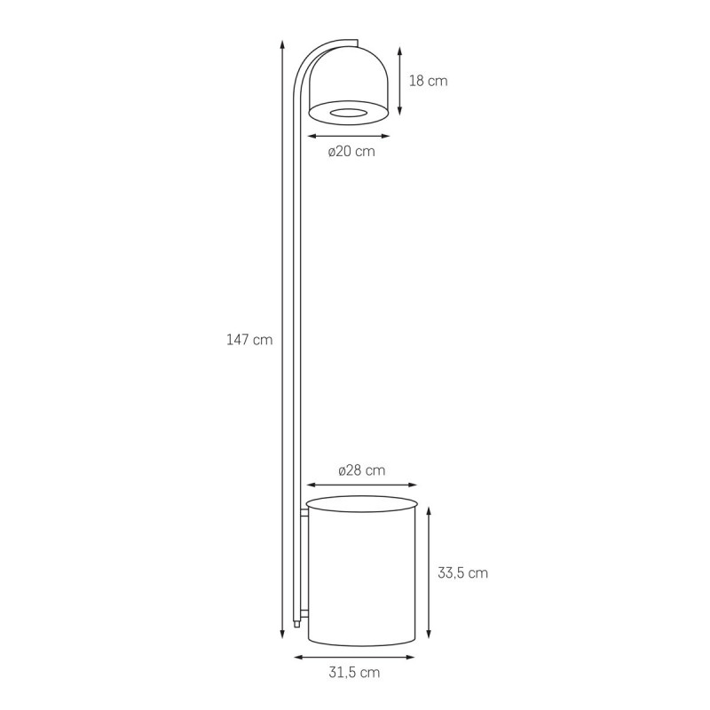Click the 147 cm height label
pyautogui.click(x=249, y=340)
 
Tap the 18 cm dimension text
pyautogui.click(x=429, y=81)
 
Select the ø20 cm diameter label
pyautogui.click(x=351, y=151)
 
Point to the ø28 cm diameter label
pyautogui.click(x=362, y=470)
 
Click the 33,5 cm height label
pyautogui.click(x=462, y=573)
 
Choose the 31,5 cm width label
pyautogui.click(x=354, y=673)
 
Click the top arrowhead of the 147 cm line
pyautogui.click(x=282, y=44)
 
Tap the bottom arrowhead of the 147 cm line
pyautogui.click(x=282, y=634)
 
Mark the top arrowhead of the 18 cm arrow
pyautogui.click(x=399, y=51)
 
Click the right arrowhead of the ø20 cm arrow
pyautogui.click(x=385, y=136)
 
